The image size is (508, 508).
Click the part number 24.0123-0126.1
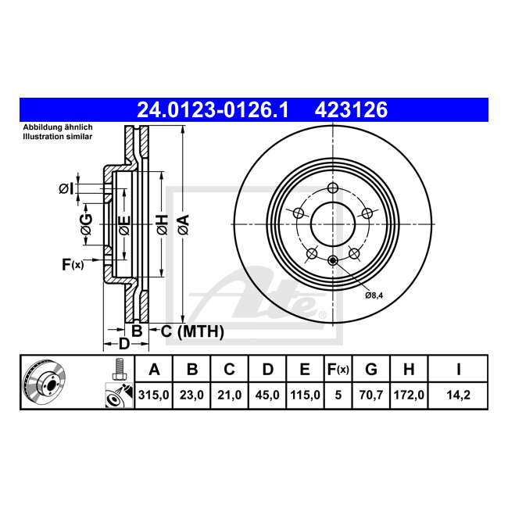pos(213,110)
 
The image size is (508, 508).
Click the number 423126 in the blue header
pos(351,110)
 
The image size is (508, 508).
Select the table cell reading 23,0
pos(192,395)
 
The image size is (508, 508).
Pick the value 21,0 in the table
pos(230,395)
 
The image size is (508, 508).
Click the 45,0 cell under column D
pos(267,395)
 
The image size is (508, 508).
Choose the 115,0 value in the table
pos(305,395)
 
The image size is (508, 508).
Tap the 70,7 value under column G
pos(371,395)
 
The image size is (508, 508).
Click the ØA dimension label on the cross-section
pos(183,225)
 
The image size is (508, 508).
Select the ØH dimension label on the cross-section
pos(162,225)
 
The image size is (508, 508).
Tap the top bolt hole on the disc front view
pos(333,188)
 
